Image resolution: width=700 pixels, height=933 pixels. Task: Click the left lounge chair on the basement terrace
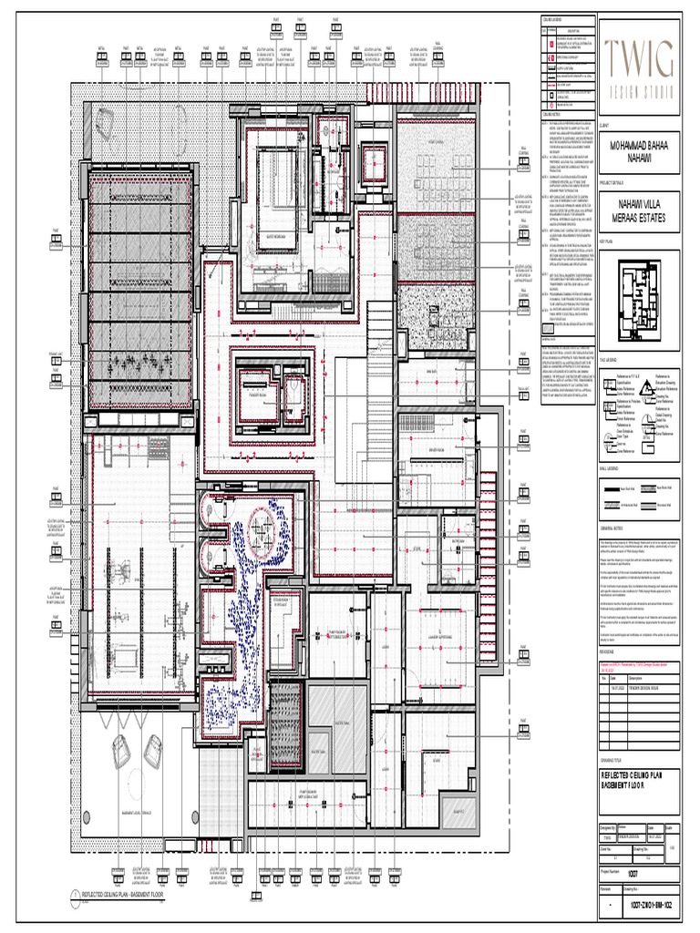120,752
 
